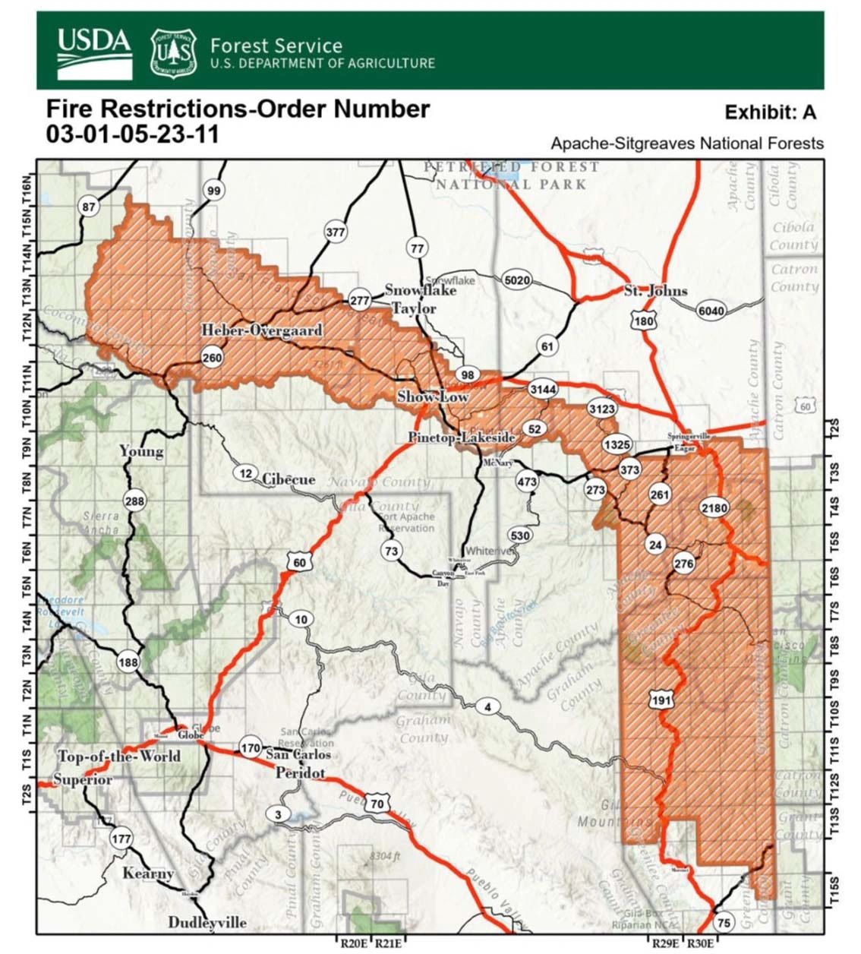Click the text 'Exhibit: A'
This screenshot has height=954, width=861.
(x=770, y=112)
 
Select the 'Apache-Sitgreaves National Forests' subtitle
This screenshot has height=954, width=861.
(x=687, y=143)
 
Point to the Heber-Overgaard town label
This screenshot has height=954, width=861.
(x=261, y=330)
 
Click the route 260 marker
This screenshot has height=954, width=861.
(x=212, y=358)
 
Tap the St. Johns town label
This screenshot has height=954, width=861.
(x=655, y=290)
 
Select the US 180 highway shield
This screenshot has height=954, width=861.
(x=642, y=321)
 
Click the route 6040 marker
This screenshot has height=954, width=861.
(x=711, y=310)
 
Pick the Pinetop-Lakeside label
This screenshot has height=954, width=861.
(x=462, y=438)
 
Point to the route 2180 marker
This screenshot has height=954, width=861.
(x=714, y=507)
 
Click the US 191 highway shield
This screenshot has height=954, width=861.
(x=661, y=700)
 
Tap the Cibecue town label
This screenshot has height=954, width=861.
(x=289, y=479)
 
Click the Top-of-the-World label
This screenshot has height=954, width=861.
(x=119, y=757)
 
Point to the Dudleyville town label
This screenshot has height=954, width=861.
(x=207, y=922)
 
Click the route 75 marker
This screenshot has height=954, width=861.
(x=724, y=922)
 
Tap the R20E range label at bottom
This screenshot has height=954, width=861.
(x=354, y=943)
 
